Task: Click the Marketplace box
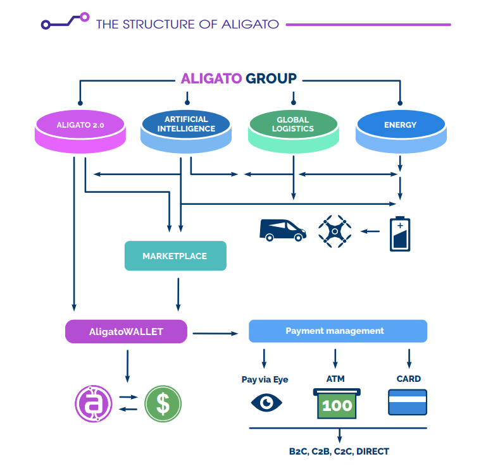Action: (x=175, y=256)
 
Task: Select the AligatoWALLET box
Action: (x=126, y=331)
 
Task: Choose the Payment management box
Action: (x=337, y=331)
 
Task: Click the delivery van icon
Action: (x=282, y=229)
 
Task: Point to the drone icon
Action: (x=335, y=231)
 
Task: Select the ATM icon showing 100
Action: (x=337, y=403)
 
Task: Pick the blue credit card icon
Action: (x=407, y=402)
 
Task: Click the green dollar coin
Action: (x=163, y=403)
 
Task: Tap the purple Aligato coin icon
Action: (x=93, y=403)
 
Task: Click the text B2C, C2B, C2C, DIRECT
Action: (x=339, y=451)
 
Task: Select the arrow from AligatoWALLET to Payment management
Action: (x=215, y=333)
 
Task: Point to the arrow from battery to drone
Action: (x=370, y=231)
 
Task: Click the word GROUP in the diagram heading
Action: (x=271, y=79)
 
